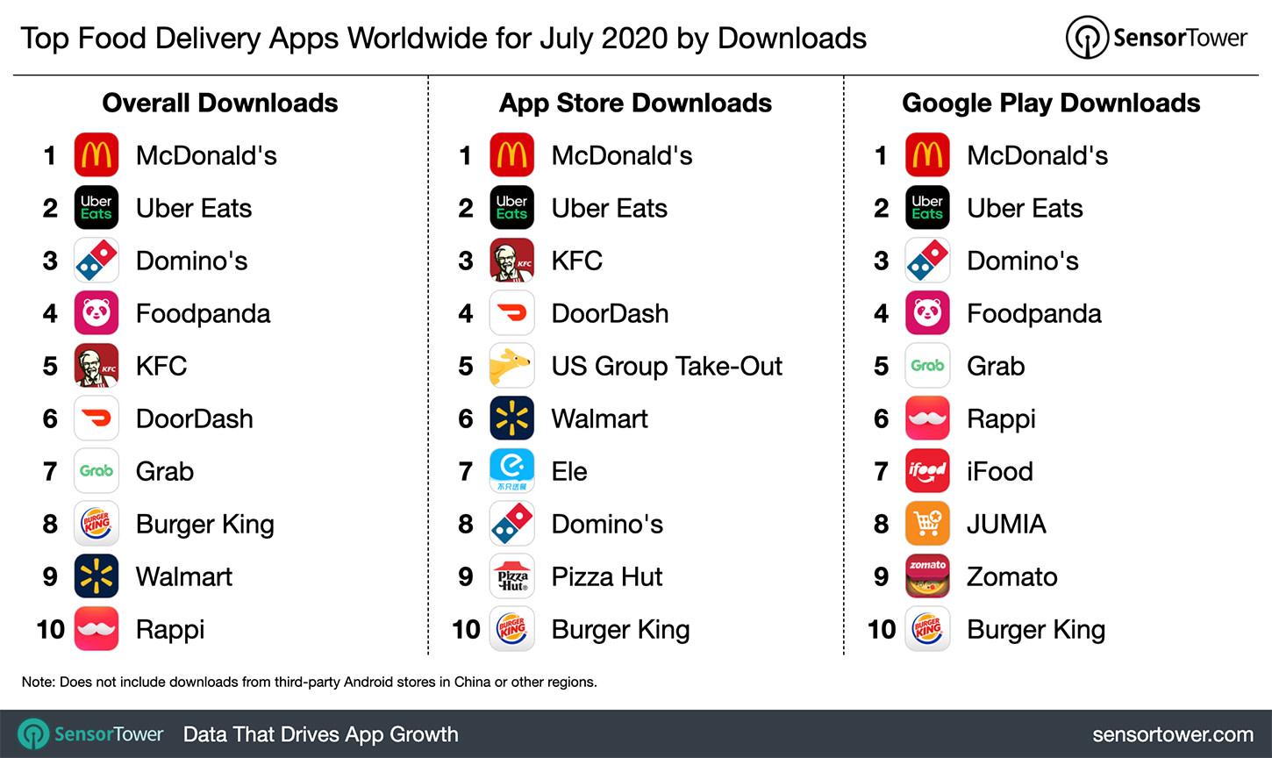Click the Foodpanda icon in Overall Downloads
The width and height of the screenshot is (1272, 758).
coord(96,313)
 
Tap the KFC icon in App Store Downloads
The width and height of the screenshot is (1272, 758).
coord(512,261)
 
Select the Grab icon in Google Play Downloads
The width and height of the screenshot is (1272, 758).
coord(927,366)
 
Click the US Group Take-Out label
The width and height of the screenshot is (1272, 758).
coord(667,366)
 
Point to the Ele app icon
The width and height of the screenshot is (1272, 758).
coord(512,471)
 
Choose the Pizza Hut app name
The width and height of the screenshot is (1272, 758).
coord(607,576)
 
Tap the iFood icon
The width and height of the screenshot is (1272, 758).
coord(927,471)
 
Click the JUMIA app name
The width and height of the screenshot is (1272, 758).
coord(1006,524)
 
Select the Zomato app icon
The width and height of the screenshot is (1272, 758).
coord(927,576)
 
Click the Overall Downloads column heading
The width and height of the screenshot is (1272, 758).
coord(220,103)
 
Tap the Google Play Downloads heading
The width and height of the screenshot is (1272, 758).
coord(1051,103)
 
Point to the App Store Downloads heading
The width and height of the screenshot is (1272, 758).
coord(635,103)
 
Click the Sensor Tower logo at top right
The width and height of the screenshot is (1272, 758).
coord(1156,38)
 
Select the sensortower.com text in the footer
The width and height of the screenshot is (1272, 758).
coord(1173,734)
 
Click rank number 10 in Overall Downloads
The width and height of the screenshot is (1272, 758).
coord(51,629)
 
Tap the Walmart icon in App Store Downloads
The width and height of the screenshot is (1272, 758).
coord(512,418)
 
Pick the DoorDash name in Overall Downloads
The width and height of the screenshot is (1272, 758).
coord(195,418)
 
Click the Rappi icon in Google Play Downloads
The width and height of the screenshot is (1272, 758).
coord(927,418)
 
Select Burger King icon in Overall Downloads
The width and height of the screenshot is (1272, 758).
coord(96,524)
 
